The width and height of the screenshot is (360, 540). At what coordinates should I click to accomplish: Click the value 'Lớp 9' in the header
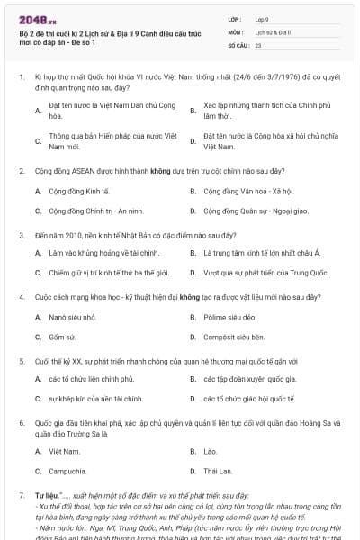click(262, 18)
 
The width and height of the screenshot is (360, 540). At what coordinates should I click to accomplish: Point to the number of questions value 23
click(258, 43)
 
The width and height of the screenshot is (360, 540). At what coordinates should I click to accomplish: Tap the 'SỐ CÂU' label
click(238, 43)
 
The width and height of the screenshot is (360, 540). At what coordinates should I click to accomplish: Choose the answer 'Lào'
click(211, 450)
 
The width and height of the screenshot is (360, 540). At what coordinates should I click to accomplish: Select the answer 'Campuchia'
click(68, 470)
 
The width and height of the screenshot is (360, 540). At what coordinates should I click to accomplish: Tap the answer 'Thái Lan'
click(218, 470)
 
